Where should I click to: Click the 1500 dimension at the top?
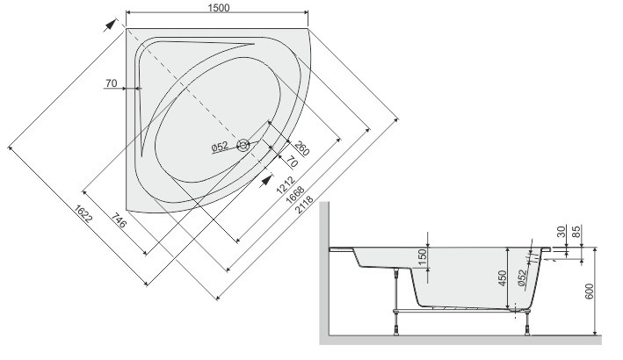click(x=219, y=8)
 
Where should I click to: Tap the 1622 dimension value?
click(x=83, y=215)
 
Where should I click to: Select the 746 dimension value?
click(x=119, y=220)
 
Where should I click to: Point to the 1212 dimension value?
click(x=286, y=184)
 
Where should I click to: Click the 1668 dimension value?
click(x=295, y=194)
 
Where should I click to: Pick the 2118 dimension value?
click(x=305, y=204)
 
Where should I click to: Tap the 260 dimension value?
click(x=302, y=148)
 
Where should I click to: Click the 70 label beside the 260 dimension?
click(x=292, y=162)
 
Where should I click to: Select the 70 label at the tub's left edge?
click(x=112, y=83)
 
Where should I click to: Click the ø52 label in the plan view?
click(x=221, y=147)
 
